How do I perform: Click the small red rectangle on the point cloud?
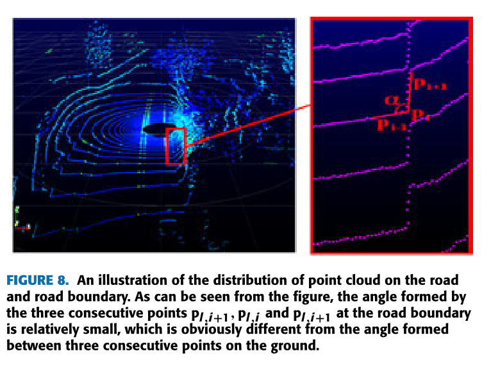click(175, 146)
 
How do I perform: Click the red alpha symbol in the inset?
click(391, 100)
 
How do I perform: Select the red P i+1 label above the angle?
click(429, 84)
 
